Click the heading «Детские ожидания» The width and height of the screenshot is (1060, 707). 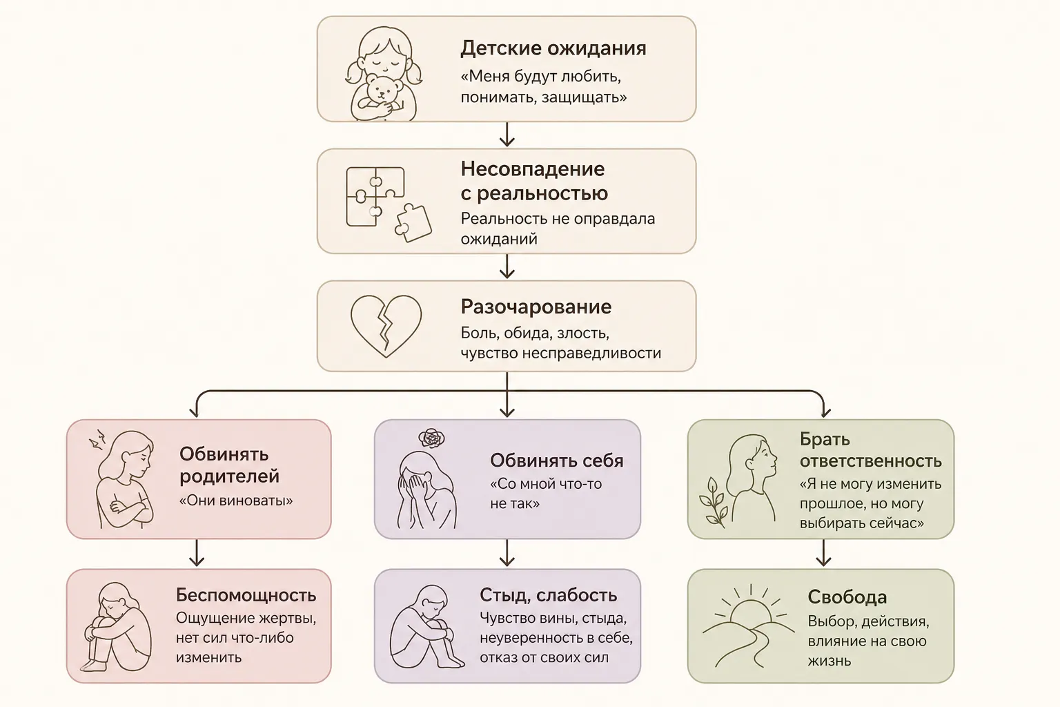[553, 48]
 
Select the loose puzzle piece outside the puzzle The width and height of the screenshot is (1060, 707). [413, 223]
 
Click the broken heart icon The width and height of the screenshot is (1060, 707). [386, 326]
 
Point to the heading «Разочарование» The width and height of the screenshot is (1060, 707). [536, 307]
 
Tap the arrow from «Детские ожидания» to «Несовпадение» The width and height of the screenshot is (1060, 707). [507, 135]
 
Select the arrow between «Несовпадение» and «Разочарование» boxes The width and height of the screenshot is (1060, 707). [507, 266]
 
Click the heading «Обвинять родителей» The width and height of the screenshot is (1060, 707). [230, 465]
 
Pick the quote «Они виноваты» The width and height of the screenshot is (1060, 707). [235, 501]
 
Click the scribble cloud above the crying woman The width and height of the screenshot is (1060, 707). [431, 438]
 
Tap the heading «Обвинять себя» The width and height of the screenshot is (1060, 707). [556, 461]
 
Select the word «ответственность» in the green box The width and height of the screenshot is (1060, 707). [871, 461]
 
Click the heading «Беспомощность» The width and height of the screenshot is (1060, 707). [246, 594]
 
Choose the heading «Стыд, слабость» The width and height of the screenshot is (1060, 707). [549, 595]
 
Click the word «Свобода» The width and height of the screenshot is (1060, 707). [847, 597]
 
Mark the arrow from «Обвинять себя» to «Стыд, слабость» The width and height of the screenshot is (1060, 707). [507, 552]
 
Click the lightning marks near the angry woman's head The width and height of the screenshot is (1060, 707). [98, 439]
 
